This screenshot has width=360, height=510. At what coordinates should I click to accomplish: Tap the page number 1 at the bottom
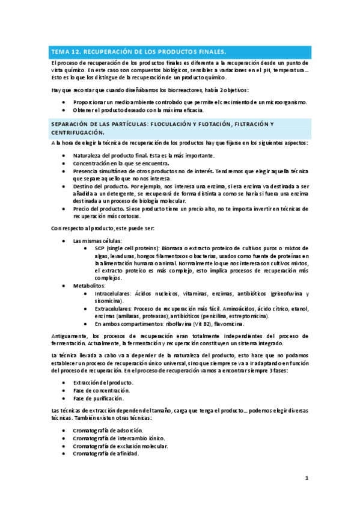306,479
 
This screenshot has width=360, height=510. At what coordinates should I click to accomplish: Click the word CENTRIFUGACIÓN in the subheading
78,132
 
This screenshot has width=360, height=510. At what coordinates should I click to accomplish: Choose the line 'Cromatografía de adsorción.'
108,431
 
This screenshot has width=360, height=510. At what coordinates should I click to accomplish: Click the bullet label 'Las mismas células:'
96,241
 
